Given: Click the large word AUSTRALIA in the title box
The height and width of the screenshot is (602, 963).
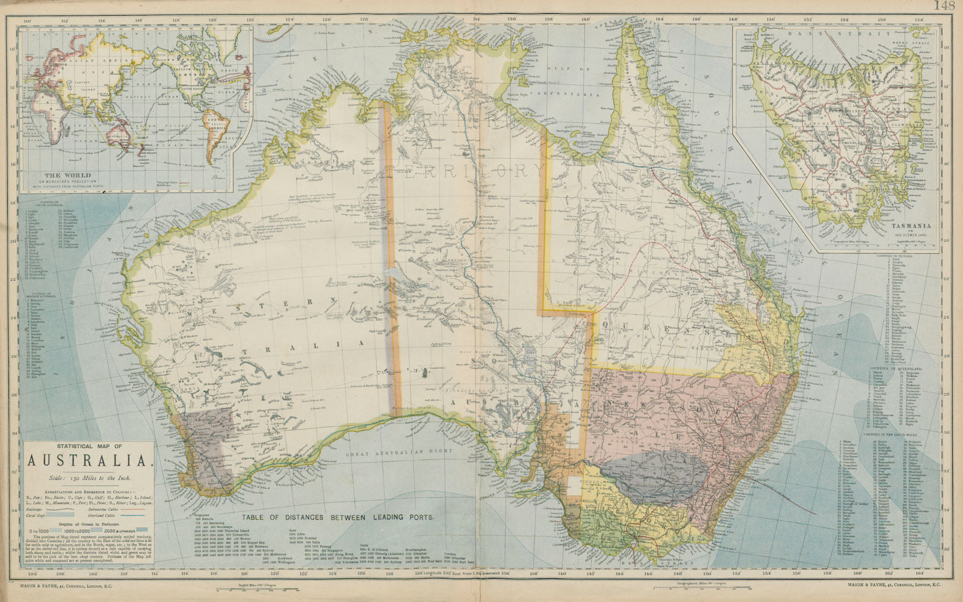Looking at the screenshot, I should point(87,461).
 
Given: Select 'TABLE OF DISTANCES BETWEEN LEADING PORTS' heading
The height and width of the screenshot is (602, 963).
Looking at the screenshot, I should point(337,517).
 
